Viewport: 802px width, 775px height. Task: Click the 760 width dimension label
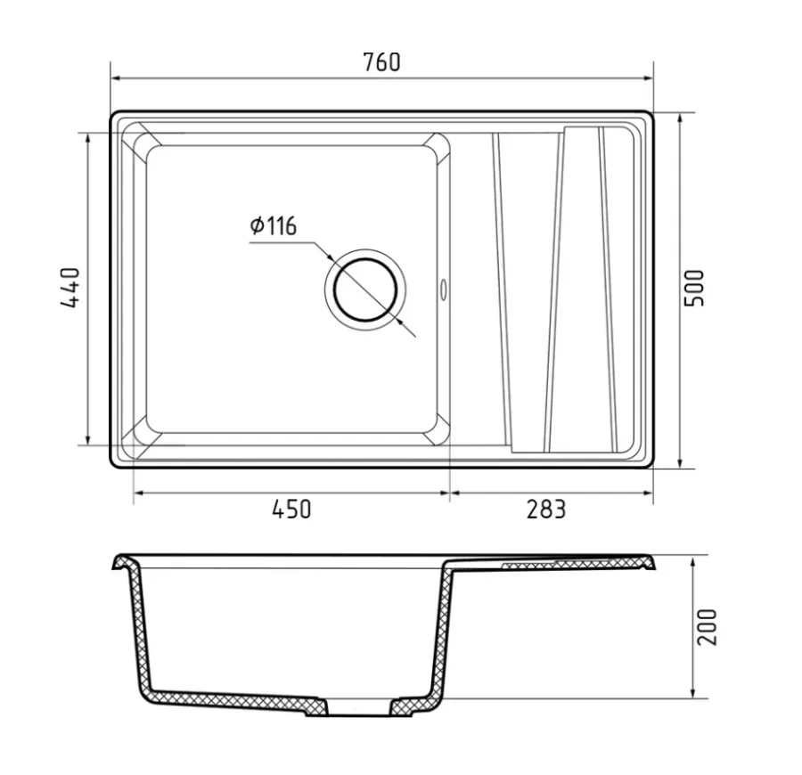(x=381, y=62)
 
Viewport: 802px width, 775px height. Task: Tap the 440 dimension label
(x=70, y=288)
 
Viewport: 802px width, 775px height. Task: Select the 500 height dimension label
(x=694, y=288)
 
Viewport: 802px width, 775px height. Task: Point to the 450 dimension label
(x=291, y=510)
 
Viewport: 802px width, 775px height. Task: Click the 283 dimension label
(x=546, y=510)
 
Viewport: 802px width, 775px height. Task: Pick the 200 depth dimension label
(x=708, y=627)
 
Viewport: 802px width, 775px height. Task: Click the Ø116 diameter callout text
(x=274, y=225)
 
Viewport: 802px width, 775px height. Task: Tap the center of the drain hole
(x=365, y=290)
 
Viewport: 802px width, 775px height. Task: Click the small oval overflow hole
(x=443, y=289)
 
